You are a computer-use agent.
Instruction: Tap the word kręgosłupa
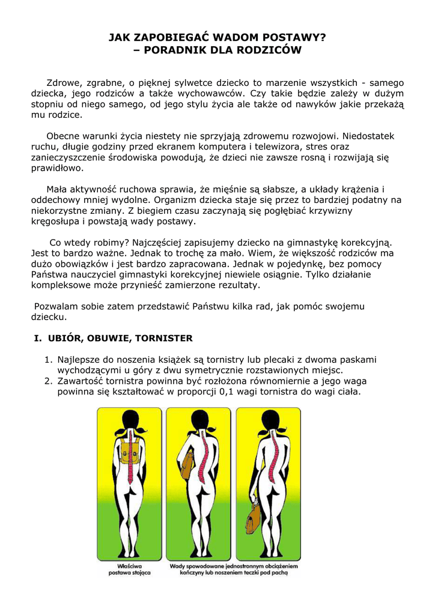pyautogui.click(x=59, y=221)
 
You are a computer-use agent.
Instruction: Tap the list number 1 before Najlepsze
pyautogui.click(x=48, y=360)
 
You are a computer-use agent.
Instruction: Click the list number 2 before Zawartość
pyautogui.click(x=48, y=381)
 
